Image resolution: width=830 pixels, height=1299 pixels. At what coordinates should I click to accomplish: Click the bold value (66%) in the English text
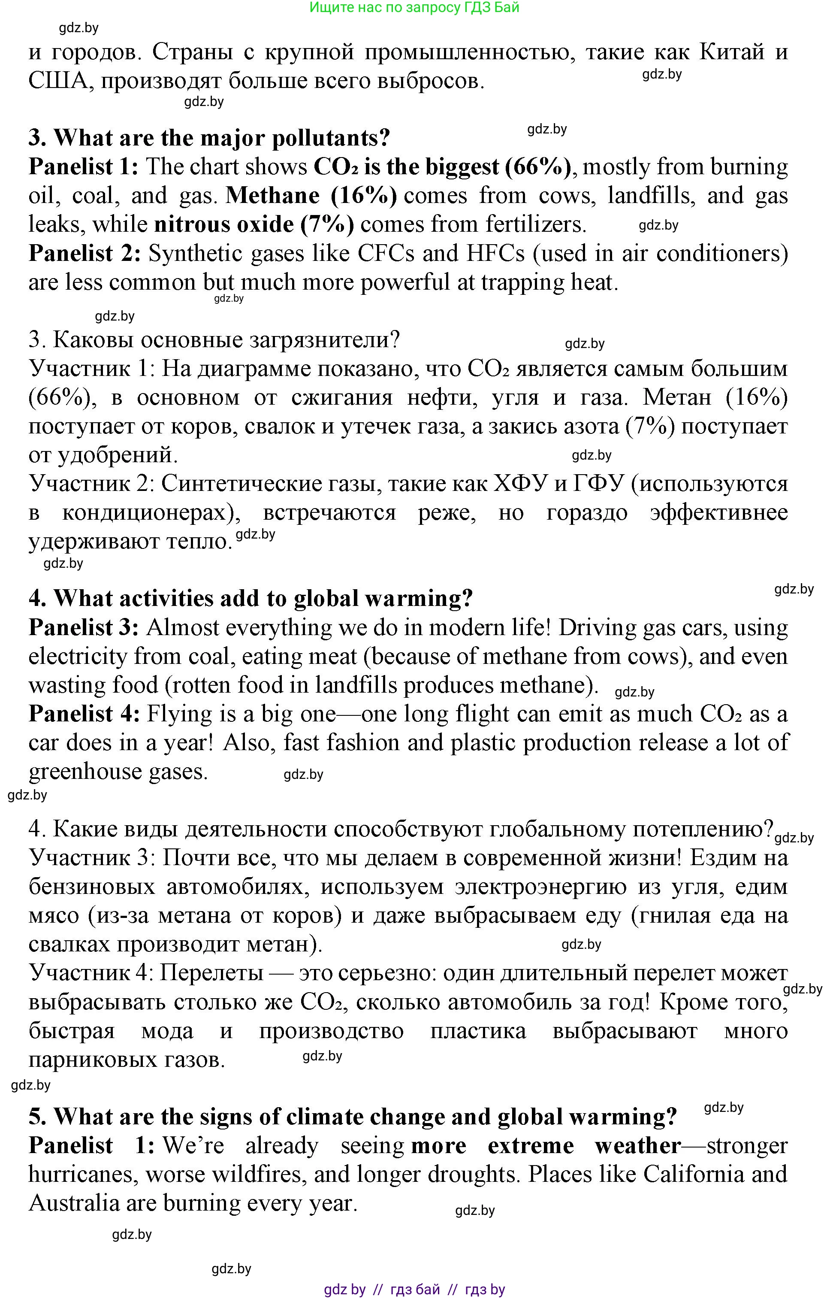pos(537,167)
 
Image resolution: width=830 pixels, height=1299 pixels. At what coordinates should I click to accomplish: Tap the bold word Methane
pos(272,196)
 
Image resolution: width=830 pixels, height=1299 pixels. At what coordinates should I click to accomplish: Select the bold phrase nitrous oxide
pos(224,224)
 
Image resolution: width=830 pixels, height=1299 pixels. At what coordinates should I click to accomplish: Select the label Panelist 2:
pos(85,254)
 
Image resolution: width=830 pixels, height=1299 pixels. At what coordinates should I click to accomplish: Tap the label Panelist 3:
pos(84,628)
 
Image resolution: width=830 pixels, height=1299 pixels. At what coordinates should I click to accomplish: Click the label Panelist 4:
pos(85,714)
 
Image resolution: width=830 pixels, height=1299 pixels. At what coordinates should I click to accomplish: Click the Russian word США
pos(58,82)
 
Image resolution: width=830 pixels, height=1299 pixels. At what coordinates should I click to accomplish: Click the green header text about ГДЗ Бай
pos(414,8)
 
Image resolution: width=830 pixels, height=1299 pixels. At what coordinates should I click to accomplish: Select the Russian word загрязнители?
pos(324,340)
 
